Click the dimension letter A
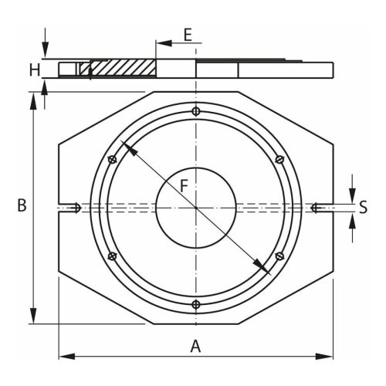pos(195,347)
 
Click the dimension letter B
pos(22,206)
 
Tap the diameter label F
pos(184,186)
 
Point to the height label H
pos(34,69)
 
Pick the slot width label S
pos(364,206)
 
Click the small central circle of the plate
pos(196,207)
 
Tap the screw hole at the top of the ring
pos(196,111)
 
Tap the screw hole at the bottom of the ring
pos(196,303)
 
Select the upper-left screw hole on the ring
pos(113,160)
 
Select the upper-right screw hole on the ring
pos(279,160)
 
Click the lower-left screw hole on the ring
pos(113,256)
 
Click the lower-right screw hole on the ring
pos(279,256)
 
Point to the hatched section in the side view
pos(124,68)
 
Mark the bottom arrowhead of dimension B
pos(33,317)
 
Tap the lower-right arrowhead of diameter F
pos(266,270)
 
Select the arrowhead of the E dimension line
pos(160,42)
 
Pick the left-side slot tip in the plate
pos(78,206)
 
